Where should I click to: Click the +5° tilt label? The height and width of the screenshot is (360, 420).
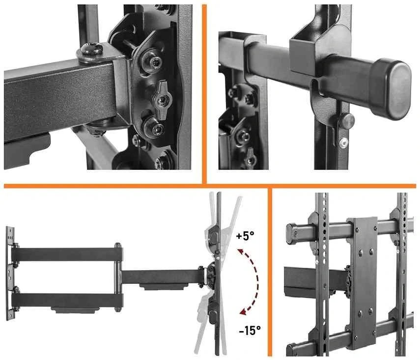click(x=245, y=236)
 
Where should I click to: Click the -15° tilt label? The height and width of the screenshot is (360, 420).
click(x=250, y=330)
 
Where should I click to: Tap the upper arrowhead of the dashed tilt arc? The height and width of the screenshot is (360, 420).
click(x=240, y=252)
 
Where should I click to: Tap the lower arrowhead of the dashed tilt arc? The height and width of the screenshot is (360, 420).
click(x=243, y=312)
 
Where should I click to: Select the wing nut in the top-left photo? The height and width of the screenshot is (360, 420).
click(x=162, y=100)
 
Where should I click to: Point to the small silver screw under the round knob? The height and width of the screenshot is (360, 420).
click(x=344, y=142)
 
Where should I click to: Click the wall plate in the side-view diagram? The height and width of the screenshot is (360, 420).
click(x=10, y=273)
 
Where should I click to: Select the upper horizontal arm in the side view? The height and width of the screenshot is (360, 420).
click(x=66, y=254)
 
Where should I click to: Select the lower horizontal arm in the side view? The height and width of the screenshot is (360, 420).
click(x=67, y=300)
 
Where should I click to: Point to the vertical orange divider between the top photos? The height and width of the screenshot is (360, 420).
click(x=204, y=94)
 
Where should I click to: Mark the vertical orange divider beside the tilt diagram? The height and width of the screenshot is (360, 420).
click(x=270, y=272)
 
